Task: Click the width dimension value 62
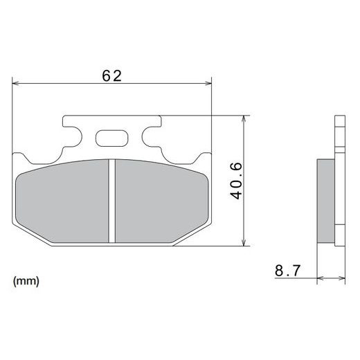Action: click(111, 76)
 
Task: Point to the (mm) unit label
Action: click(26, 282)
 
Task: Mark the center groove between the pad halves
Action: click(112, 200)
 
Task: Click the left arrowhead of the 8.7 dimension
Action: click(320, 278)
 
